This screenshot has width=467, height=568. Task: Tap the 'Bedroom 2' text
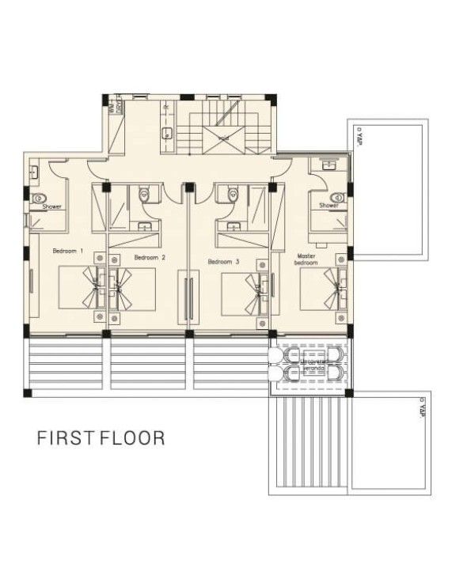(150, 257)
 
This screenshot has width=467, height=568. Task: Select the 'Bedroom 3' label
(223, 261)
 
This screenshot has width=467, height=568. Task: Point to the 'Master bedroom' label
(306, 259)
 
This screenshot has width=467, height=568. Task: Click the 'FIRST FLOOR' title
(101, 437)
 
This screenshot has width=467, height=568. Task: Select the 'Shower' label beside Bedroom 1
(52, 207)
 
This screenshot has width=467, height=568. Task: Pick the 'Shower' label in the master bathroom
(328, 206)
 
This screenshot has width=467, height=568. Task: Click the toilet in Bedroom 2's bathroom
(143, 194)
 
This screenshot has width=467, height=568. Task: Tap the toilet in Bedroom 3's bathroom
(232, 194)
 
